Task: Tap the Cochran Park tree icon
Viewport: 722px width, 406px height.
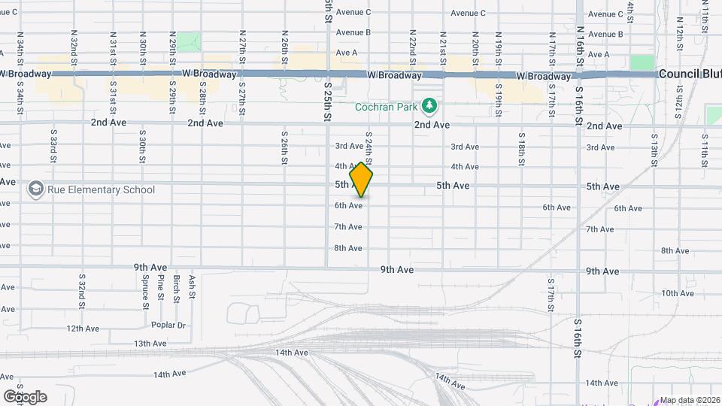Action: coord(429,106)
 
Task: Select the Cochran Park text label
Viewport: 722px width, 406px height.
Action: coord(386,107)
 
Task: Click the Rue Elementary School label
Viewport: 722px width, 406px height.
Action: coord(102,189)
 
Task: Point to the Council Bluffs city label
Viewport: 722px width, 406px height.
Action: coord(689,74)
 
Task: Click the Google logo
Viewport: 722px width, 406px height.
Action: coord(24,396)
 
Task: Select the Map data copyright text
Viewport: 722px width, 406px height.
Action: coord(690,400)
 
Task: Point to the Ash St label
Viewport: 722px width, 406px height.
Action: coord(193,286)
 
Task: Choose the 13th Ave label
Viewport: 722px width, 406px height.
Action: coord(150,344)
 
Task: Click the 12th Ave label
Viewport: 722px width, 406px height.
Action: coord(83,329)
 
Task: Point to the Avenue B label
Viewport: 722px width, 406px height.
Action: coord(353,32)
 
